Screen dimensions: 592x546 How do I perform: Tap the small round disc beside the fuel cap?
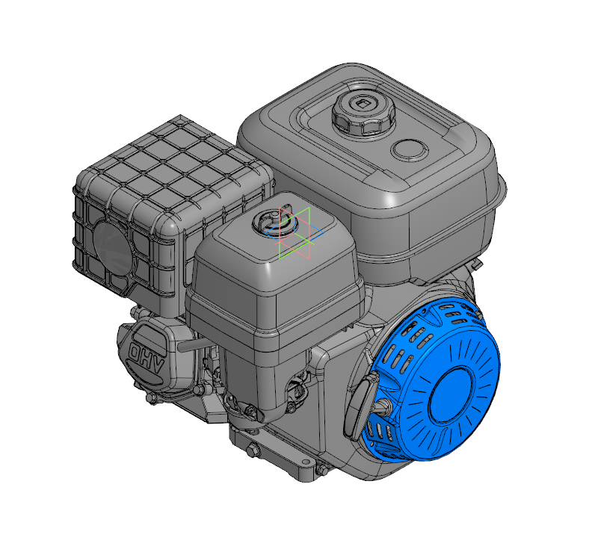click(410, 150)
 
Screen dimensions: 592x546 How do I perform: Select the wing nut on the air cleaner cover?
click(274, 221)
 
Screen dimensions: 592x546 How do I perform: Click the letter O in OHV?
click(135, 352)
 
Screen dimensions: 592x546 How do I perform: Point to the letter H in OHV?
click(146, 359)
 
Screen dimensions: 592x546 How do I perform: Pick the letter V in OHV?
click(158, 367)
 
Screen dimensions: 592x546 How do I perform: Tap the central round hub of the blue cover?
click(451, 394)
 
